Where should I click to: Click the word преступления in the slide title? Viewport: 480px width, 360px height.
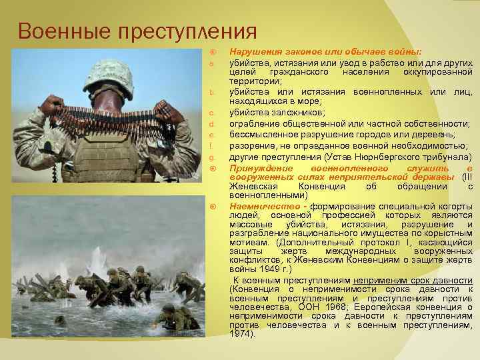pyautogui.click(x=178, y=31)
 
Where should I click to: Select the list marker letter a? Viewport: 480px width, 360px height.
pyautogui.click(x=211, y=64)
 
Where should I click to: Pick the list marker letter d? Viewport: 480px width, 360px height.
pyautogui.click(x=211, y=124)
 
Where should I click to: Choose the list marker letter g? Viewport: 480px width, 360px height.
pyautogui.click(x=211, y=157)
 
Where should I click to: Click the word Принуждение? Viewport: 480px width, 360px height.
pyautogui.click(x=259, y=168)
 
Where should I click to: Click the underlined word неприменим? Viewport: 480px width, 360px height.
pyautogui.click(x=379, y=280)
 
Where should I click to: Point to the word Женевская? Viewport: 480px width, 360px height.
pyautogui.click(x=253, y=187)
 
